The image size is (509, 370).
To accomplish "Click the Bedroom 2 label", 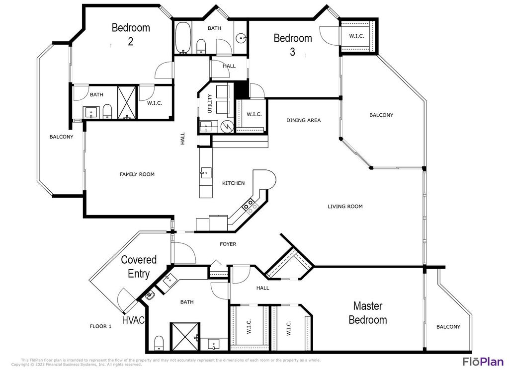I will point(131,34).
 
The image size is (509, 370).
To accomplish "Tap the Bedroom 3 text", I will point(293,44).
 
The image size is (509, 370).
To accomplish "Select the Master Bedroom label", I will point(367,312).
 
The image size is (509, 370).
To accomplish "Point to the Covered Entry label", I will point(139,266).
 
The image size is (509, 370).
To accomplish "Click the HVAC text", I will point(133,320).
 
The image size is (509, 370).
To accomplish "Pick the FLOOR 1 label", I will point(100,326).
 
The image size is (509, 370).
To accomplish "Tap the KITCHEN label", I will point(233,183).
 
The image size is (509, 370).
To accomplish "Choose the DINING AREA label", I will point(303,120).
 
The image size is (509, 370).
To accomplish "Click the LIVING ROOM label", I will point(345,207).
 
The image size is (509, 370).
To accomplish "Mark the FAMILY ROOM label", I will point(137,174).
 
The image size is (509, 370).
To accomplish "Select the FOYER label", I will point(228,244).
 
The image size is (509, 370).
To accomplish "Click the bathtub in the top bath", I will point(182,38).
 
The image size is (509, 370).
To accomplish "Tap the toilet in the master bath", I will point(159,343).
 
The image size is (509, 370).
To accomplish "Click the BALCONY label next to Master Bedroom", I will point(448,327).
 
